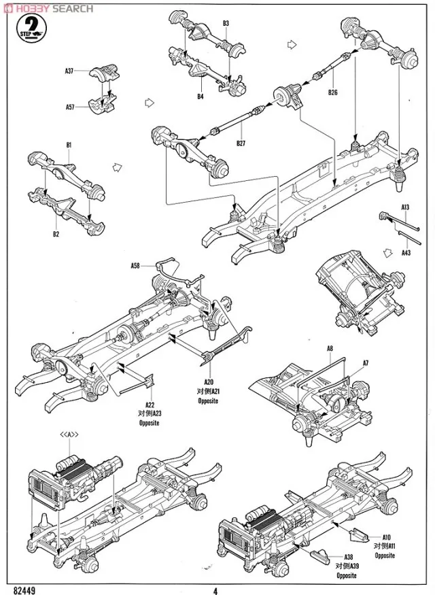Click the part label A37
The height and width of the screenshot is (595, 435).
coord(70,70)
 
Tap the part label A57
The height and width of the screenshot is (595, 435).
coord(70,107)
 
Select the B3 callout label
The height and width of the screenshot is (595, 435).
coord(226,24)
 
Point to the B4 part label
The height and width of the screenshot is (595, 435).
coord(201,97)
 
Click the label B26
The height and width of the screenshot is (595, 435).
coord(332,92)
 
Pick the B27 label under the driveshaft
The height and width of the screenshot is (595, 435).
coord(241,143)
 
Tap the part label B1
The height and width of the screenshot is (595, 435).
coord(69,145)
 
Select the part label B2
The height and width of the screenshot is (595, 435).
coord(56,235)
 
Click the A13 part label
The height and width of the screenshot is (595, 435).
coord(405,207)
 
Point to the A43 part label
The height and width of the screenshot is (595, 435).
coord(405,252)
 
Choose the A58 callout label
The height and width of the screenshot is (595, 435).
coord(136,266)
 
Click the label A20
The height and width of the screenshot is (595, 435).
coord(208,383)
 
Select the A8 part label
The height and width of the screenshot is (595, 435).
coord(330,349)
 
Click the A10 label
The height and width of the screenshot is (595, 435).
coord(385,537)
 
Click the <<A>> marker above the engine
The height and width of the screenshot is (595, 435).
coord(70,435)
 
